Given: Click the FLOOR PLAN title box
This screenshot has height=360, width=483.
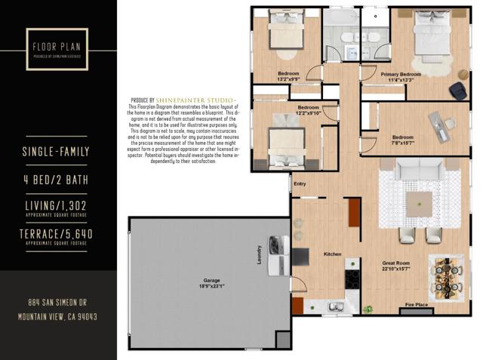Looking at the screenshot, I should coord(57,49).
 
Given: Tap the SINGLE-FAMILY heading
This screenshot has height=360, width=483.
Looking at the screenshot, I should coord(57,152).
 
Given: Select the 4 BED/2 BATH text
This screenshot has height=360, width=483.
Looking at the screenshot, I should coord(57,180).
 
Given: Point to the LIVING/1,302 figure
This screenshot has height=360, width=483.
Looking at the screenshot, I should coord(57,206).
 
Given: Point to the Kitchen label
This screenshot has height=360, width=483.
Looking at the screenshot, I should coord(333,254).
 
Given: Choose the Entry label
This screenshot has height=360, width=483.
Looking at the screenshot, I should coord(300,183).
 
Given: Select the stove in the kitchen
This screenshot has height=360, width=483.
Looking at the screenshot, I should coord(352,278).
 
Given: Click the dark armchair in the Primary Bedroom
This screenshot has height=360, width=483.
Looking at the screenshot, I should coord(457,90).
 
